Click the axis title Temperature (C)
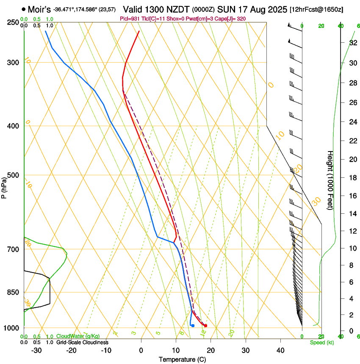pyautogui.click(x=182, y=359)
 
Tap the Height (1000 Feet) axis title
pyautogui.click(x=330, y=180)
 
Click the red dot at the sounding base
pyautogui.click(x=205, y=325)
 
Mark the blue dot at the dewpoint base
pyautogui.click(x=193, y=325)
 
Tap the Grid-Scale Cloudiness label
pyautogui.click(x=82, y=342)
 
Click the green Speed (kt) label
pyautogui.click(x=322, y=342)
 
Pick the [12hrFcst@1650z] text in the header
pyautogui.click(x=317, y=9)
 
